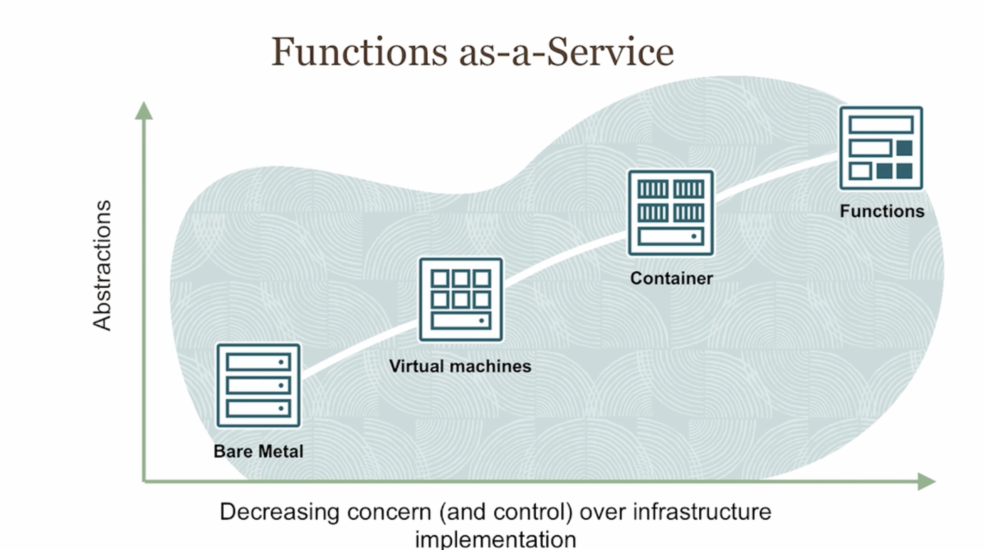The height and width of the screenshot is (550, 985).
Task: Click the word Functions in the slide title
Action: click(x=359, y=52)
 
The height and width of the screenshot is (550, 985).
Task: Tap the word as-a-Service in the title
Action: click(x=566, y=52)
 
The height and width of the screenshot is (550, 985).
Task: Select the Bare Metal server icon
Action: click(x=258, y=385)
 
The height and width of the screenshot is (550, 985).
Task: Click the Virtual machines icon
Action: click(x=460, y=299)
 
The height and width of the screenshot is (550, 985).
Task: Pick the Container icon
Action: click(x=671, y=213)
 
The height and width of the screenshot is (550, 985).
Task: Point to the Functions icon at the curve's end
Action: click(x=881, y=148)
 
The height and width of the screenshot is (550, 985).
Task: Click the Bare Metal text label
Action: click(x=258, y=451)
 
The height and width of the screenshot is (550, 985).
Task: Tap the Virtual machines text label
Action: click(x=460, y=366)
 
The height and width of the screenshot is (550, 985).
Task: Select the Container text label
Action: click(x=671, y=278)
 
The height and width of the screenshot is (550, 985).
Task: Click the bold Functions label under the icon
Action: click(x=882, y=211)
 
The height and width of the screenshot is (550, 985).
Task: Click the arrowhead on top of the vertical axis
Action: click(x=144, y=111)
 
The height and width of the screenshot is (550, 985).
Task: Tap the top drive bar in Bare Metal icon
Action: click(x=258, y=362)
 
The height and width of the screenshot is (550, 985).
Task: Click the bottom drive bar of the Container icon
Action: click(x=671, y=237)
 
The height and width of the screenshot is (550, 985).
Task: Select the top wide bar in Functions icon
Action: click(x=881, y=125)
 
